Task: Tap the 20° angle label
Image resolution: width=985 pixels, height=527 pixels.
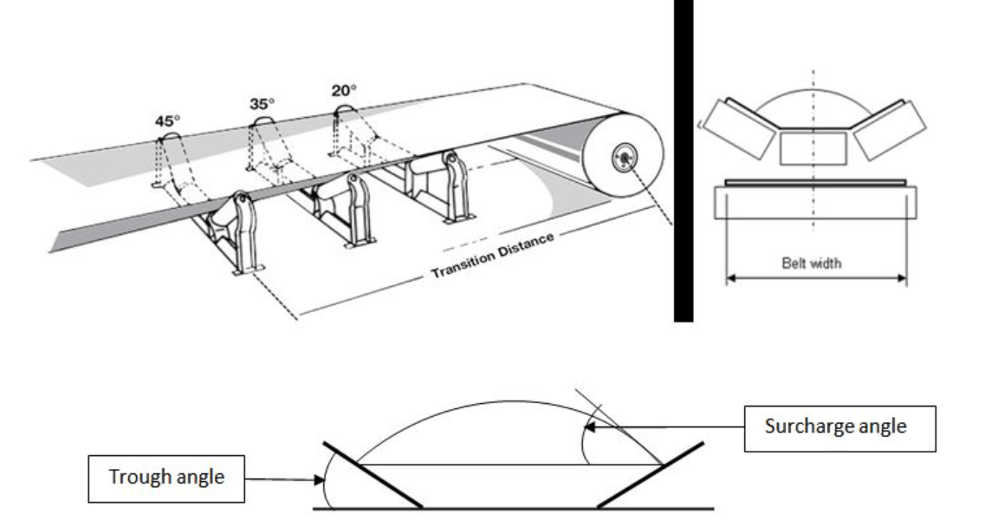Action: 345,89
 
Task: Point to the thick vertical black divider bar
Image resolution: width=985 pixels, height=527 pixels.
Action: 684,160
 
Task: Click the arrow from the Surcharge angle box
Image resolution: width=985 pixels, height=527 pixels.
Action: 667,426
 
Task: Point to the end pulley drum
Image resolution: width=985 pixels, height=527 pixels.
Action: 622,159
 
